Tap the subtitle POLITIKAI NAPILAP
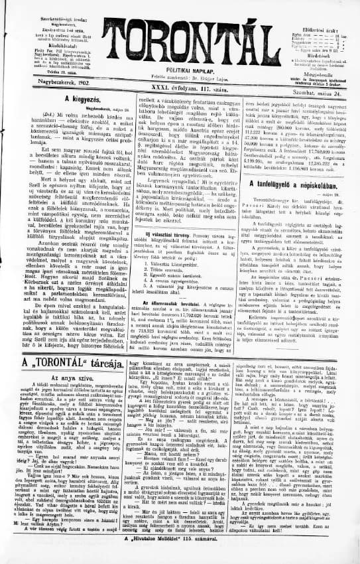[x=180, y=66]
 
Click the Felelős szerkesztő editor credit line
[x=181, y=75]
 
